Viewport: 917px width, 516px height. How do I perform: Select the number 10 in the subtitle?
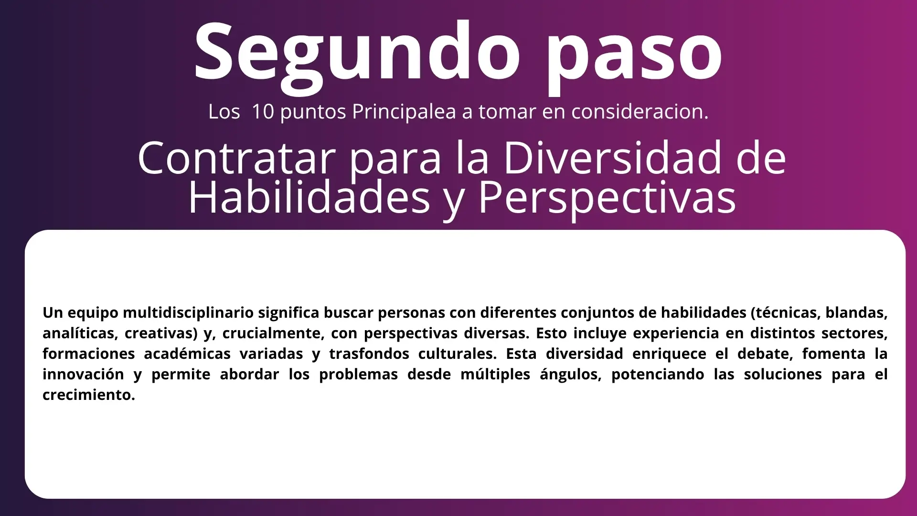pos(263,111)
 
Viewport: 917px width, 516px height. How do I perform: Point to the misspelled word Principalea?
pos(404,112)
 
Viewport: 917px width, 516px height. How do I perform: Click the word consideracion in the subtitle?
pos(640,111)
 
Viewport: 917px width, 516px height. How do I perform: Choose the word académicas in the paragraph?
pos(187,354)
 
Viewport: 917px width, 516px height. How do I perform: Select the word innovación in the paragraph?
pos(83,374)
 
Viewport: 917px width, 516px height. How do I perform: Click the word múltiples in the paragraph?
pos(495,374)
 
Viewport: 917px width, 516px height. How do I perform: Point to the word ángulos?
pos(571,375)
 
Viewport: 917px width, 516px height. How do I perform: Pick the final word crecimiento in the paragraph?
pos(89,395)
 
